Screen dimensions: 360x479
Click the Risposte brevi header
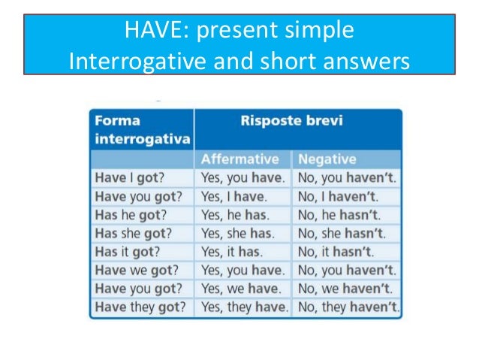(297, 119)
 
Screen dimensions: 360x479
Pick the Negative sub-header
(327, 159)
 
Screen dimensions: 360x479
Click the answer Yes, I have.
(233, 197)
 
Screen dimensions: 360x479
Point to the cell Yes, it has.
(232, 252)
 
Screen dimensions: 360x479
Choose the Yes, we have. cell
(239, 289)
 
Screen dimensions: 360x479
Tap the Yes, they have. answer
(243, 307)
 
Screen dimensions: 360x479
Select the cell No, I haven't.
(339, 197)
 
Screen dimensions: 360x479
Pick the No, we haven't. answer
(344, 289)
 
